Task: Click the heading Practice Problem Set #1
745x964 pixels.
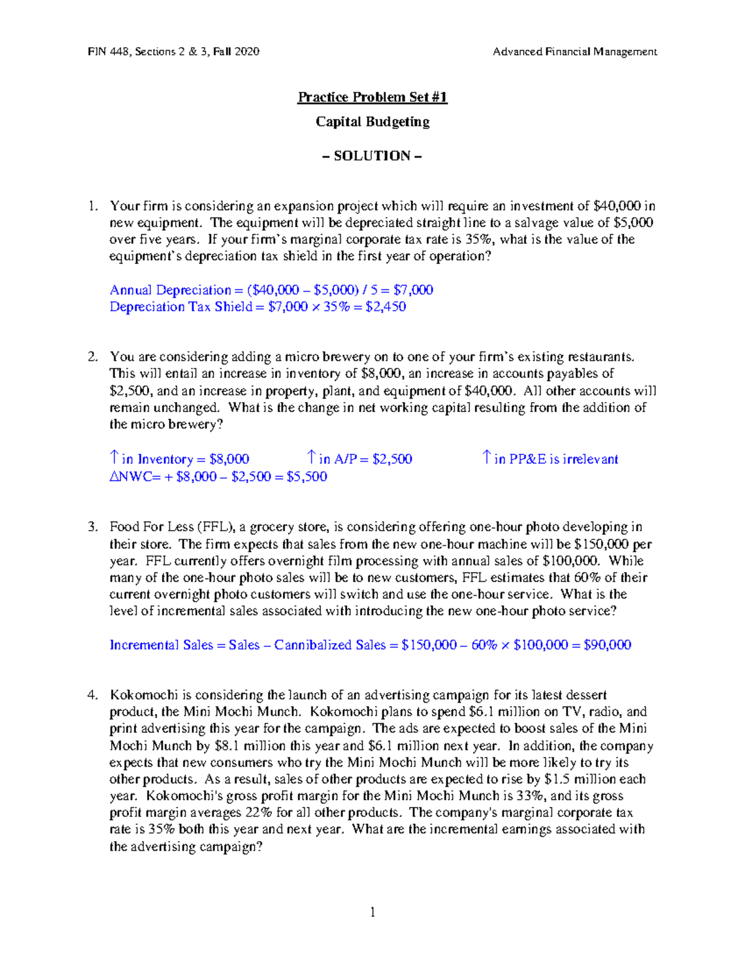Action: [x=372, y=97]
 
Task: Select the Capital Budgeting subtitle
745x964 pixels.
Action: [x=372, y=122]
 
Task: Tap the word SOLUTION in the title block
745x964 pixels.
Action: [x=372, y=156]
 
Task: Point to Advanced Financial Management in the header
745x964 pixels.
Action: [x=574, y=52]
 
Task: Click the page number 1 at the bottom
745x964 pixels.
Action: [x=372, y=912]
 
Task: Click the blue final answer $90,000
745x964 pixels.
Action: [x=608, y=645]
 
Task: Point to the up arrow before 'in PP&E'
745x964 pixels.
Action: [x=487, y=458]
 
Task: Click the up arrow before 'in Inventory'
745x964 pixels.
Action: [x=114, y=458]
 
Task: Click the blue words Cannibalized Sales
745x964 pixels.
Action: [x=330, y=645]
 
